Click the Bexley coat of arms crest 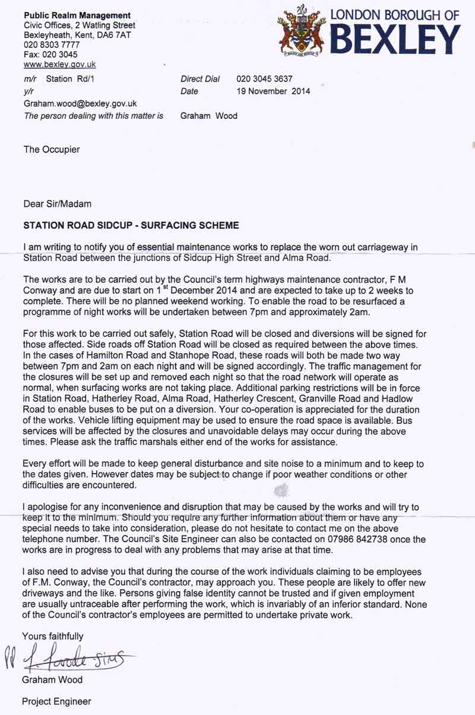pyautogui.click(x=302, y=30)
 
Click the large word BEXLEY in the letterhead pyautogui.click(x=395, y=40)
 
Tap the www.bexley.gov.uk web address pyautogui.click(x=59, y=64)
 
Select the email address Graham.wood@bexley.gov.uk pyautogui.click(x=80, y=103)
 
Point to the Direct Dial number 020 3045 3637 pyautogui.click(x=264, y=79)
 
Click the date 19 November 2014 pyautogui.click(x=273, y=92)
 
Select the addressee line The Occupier pyautogui.click(x=52, y=150)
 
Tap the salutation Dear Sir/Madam pyautogui.click(x=57, y=204)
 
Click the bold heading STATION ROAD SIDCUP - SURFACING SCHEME pyautogui.click(x=131, y=226)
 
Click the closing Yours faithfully pyautogui.click(x=53, y=636)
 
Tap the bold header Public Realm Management pyautogui.click(x=77, y=15)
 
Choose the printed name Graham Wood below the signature pyautogui.click(x=52, y=679)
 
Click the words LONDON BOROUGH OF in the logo pyautogui.click(x=394, y=15)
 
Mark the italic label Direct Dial pyautogui.click(x=200, y=79)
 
